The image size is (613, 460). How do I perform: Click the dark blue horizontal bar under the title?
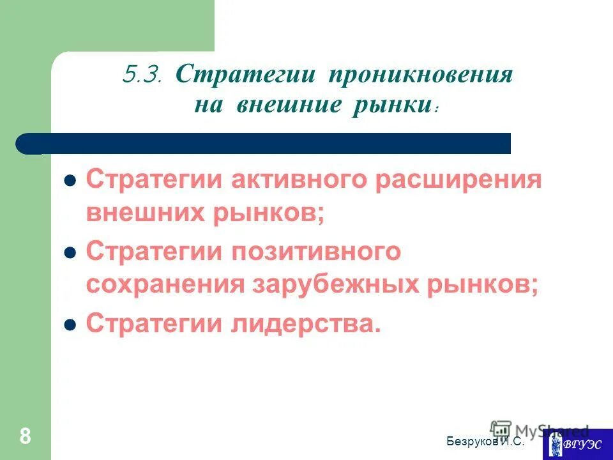(x=268, y=143)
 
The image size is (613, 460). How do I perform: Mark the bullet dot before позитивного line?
(x=72, y=252)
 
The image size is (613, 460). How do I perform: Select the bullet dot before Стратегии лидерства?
(x=72, y=324)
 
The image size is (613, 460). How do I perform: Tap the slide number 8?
(x=25, y=437)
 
